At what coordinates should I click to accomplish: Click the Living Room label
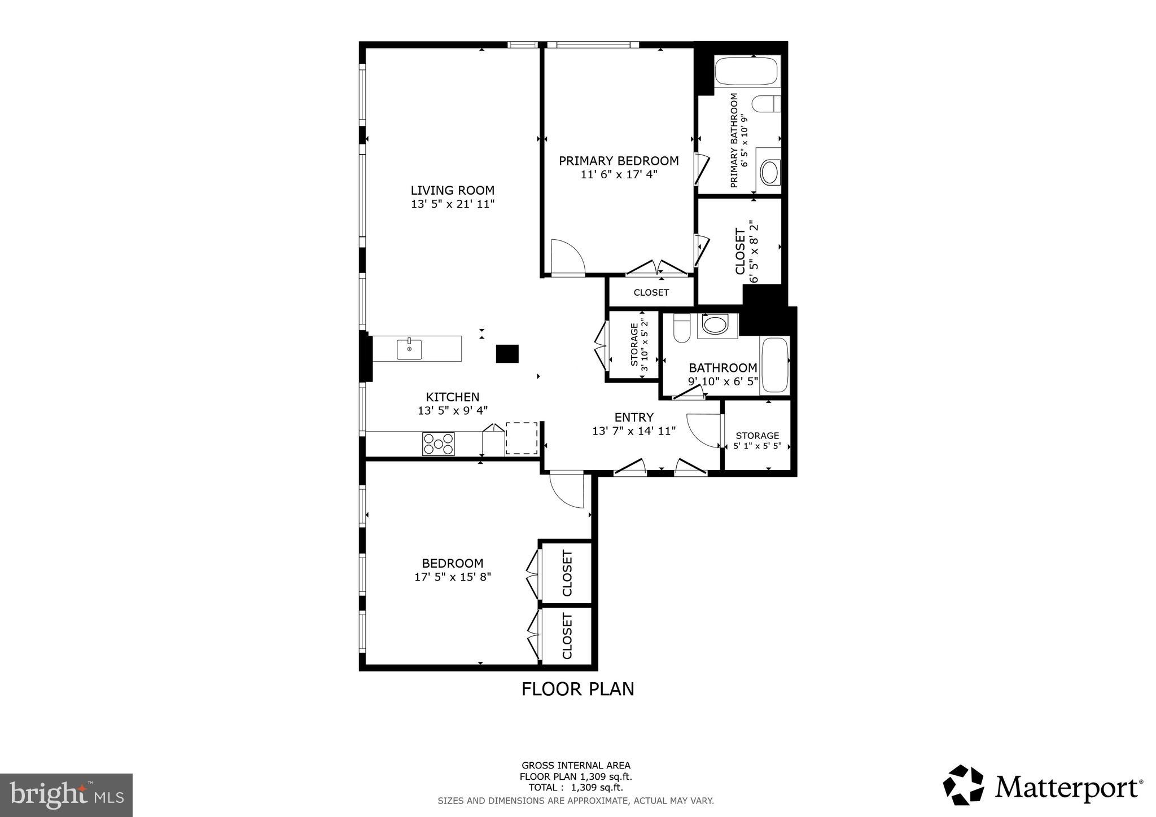pos(452,191)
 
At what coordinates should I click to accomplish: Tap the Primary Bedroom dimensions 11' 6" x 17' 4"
pos(619,175)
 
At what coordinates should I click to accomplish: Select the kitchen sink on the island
pos(409,349)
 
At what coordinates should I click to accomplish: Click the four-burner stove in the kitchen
pos(438,443)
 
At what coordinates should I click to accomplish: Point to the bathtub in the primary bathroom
pos(746,71)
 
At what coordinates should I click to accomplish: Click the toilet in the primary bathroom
pos(766,104)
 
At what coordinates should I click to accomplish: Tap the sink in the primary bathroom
pos(769,172)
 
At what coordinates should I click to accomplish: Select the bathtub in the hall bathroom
pos(774,365)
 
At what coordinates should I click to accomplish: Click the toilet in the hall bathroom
pos(682,328)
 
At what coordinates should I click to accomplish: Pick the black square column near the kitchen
pos(507,354)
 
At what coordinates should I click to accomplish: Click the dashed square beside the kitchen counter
pos(522,438)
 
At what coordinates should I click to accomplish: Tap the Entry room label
pos(633,418)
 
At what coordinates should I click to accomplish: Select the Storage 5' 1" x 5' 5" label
pos(757,441)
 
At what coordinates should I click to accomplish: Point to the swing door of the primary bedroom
pos(567,258)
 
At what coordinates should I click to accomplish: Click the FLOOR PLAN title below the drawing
pos(577,689)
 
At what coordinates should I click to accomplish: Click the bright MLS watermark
pos(66,796)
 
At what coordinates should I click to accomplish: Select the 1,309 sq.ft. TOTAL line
pos(575,788)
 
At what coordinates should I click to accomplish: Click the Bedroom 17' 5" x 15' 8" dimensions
pos(452,577)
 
